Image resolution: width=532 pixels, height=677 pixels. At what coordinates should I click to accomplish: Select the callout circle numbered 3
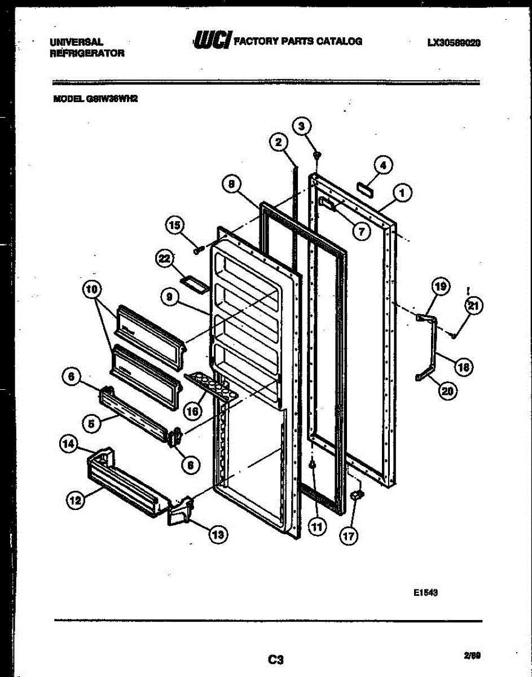(x=302, y=125)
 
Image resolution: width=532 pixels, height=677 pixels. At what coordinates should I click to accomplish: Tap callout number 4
(x=383, y=165)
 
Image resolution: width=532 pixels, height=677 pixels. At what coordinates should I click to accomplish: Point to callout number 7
(x=360, y=230)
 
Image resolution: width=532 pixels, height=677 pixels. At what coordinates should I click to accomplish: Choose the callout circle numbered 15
(x=175, y=226)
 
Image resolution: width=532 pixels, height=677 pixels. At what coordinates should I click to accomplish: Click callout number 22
(x=164, y=258)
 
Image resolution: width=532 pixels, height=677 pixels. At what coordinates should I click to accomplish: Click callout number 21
(x=473, y=306)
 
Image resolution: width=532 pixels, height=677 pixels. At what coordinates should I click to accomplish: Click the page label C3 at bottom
(x=276, y=658)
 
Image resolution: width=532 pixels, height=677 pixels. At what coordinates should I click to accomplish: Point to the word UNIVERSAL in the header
(x=76, y=42)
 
